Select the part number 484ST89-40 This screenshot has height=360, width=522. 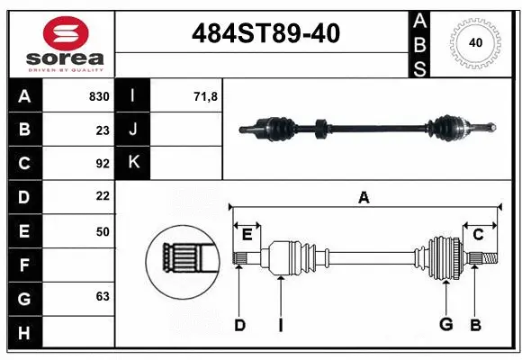(x=266, y=34)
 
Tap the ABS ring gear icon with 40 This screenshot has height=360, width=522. (x=474, y=42)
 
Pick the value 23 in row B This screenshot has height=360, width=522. (x=102, y=130)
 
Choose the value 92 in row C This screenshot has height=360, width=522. (x=102, y=164)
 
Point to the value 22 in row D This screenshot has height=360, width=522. (x=102, y=195)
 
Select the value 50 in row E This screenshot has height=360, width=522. (x=102, y=231)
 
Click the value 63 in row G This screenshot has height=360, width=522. (x=102, y=295)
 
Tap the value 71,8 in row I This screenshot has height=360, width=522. (x=205, y=96)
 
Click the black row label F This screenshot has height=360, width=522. (x=23, y=265)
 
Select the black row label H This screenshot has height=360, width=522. (x=23, y=332)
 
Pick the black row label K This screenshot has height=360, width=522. (x=133, y=163)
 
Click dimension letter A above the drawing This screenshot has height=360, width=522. (x=364, y=198)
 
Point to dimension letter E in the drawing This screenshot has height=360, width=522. (x=247, y=235)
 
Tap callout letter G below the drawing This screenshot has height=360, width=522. (x=445, y=325)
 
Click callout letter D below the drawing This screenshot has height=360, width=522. (x=239, y=325)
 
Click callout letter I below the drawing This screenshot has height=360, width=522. (x=280, y=325)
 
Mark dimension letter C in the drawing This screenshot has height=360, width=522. (x=479, y=235)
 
